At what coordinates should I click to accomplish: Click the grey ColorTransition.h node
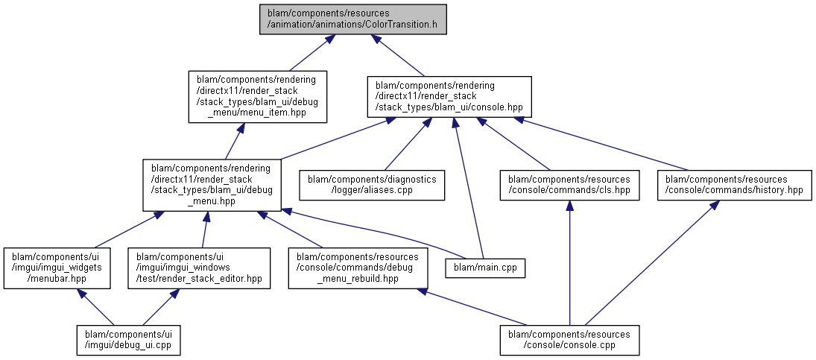pos(353,19)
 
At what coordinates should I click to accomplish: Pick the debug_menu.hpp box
pos(212,184)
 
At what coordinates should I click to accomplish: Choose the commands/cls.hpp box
pos(569,185)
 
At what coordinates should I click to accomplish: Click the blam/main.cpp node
pos(485,266)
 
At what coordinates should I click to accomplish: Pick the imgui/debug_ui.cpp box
pos(129,339)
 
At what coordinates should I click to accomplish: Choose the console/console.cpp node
pos(570,339)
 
